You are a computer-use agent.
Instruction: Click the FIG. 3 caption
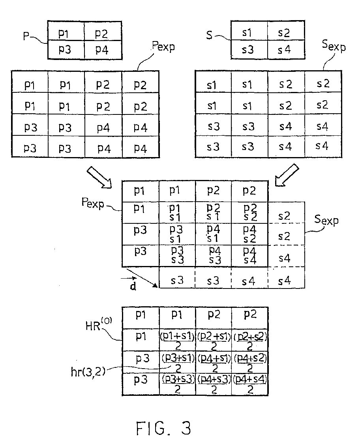(163, 428)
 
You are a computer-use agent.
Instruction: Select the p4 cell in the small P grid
(103, 50)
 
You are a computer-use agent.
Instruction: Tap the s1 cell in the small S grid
(249, 30)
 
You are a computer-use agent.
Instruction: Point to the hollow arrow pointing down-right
(99, 177)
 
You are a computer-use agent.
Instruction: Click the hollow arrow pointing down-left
(287, 175)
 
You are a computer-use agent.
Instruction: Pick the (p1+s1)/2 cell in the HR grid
(177, 340)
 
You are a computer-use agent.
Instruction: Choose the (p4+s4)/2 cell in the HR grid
(250, 384)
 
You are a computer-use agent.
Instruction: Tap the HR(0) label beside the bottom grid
(99, 324)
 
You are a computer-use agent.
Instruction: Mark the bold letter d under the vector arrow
(133, 287)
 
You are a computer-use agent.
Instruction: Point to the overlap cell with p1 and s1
(177, 213)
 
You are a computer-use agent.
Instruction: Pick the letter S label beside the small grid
(209, 35)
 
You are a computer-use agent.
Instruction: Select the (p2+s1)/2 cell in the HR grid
(214, 340)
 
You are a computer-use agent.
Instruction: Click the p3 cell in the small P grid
(66, 50)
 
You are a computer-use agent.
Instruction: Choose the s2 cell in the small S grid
(286, 30)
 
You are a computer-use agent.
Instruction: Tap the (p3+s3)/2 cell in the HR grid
(177, 384)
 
